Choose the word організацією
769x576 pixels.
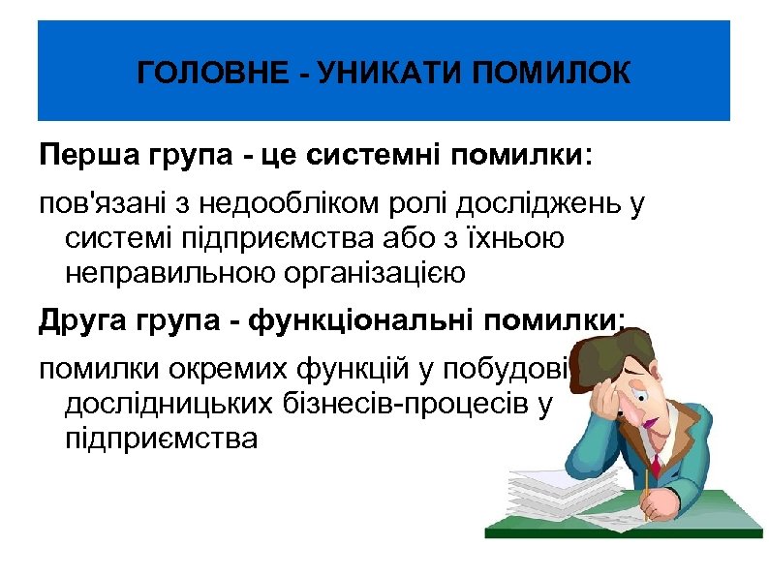tap(373, 274)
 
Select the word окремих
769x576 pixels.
tap(228, 371)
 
